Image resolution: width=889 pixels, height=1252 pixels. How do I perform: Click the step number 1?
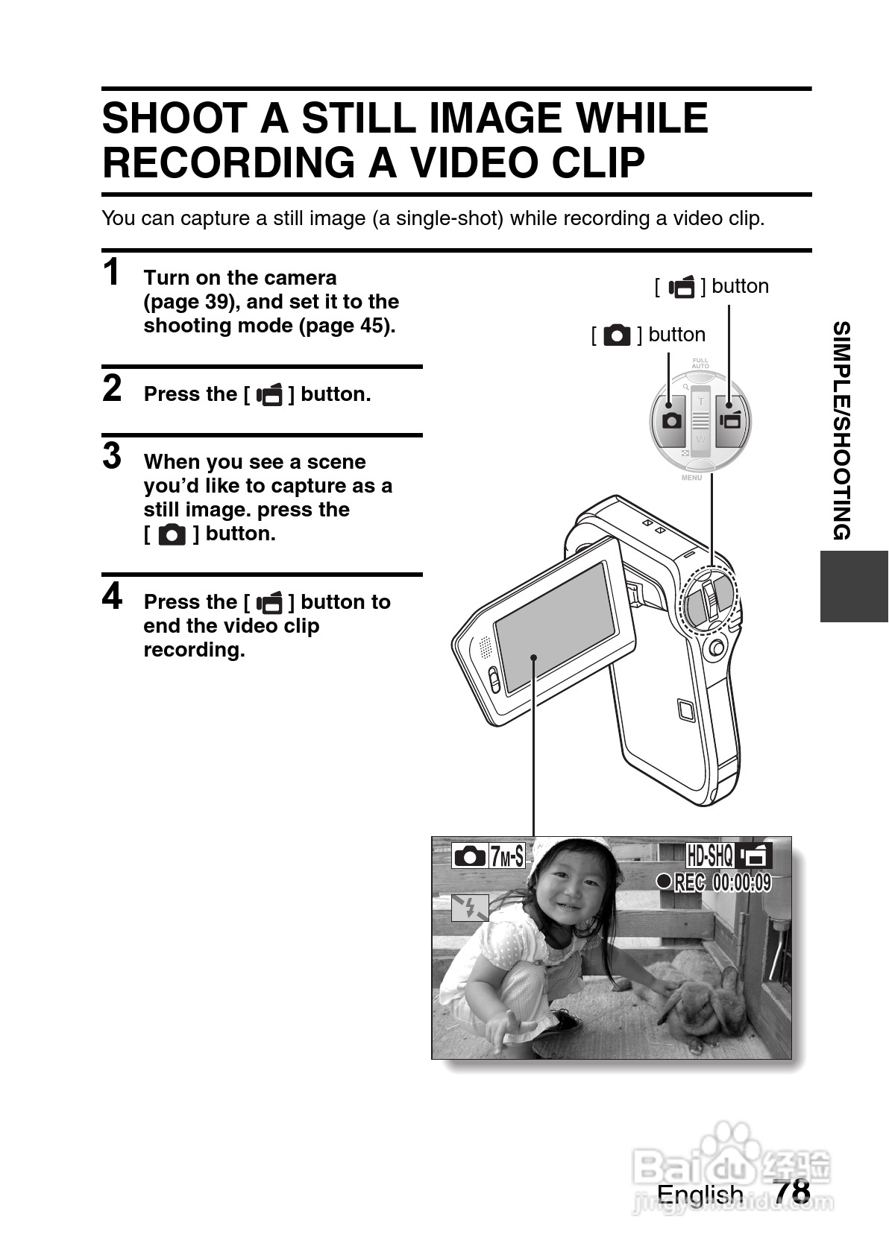click(x=112, y=272)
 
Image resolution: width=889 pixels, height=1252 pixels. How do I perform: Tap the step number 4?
click(x=112, y=596)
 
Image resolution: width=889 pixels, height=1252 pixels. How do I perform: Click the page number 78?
click(x=791, y=1192)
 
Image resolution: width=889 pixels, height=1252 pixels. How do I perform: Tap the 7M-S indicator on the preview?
click(x=506, y=856)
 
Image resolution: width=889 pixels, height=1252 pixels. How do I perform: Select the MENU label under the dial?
click(x=691, y=478)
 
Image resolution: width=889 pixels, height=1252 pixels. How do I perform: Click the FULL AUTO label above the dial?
click(x=700, y=364)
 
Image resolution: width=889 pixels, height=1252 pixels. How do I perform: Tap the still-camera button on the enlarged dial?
click(x=672, y=420)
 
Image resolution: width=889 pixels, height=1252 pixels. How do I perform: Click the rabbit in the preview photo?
click(x=697, y=1006)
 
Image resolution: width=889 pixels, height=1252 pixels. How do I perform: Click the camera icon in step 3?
click(x=172, y=534)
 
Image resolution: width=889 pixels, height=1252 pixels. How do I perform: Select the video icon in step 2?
click(x=270, y=395)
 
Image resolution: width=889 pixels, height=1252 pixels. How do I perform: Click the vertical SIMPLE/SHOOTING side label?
click(x=841, y=431)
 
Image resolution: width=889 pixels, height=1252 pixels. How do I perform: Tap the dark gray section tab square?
click(x=854, y=587)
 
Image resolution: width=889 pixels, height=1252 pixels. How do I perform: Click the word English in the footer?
click(x=700, y=1195)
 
